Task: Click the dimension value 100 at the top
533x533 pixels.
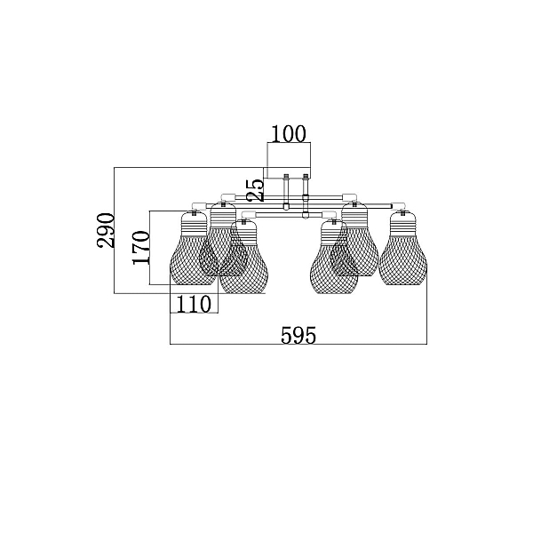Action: [289, 134]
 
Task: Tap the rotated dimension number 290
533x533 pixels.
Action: [105, 230]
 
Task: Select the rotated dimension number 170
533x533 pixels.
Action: [141, 247]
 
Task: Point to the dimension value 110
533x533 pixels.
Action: [194, 304]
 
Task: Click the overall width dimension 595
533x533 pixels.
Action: [298, 335]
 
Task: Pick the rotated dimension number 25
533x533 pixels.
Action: [257, 190]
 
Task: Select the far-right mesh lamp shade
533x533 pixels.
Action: [402, 259]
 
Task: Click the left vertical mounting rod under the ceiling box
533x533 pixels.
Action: [286, 191]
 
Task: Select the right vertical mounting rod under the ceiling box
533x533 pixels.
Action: [306, 195]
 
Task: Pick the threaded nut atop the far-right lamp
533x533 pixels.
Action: [402, 213]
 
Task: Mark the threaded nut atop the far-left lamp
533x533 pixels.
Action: [194, 213]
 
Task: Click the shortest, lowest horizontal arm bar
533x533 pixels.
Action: [288, 214]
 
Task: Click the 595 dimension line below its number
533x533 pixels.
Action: [298, 345]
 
